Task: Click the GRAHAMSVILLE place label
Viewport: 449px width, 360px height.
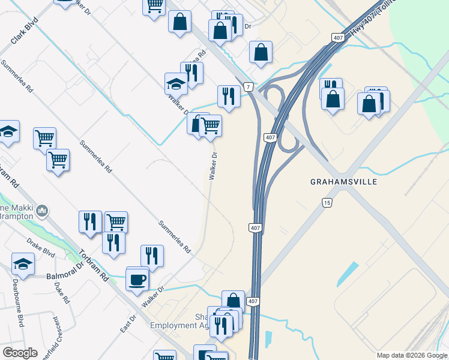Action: pos(344,181)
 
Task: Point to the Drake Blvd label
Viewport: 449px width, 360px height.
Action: pos(41,247)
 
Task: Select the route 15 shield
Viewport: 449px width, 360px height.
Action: pos(327,203)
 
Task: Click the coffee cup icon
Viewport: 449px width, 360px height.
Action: pos(137,279)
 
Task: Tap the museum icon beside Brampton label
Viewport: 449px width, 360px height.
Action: pos(43,211)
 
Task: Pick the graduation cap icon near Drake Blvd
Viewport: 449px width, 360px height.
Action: pos(23,263)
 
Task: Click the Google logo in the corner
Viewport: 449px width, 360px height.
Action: pos(20,352)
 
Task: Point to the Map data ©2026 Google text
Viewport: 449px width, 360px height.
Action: pos(412,355)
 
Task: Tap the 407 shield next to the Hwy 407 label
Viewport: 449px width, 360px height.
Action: pos(337,38)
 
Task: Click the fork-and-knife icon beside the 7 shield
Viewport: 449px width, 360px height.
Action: pos(229,95)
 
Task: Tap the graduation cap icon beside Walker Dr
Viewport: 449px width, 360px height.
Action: pos(176,83)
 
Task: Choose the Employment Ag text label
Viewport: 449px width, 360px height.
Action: pos(181,325)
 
